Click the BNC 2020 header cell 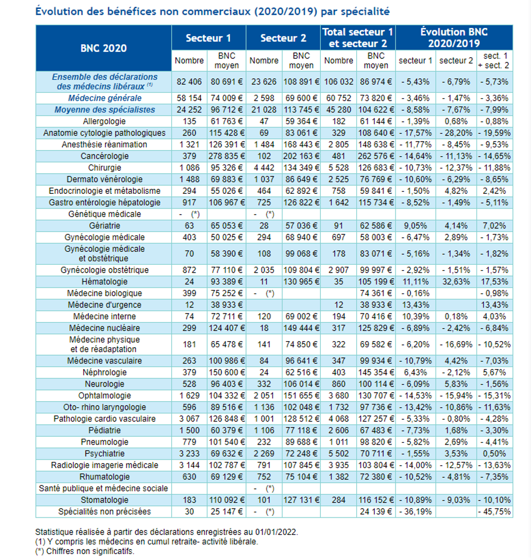coord(103,48)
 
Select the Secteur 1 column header coord(208,38)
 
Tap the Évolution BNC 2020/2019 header coord(454,38)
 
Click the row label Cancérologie coord(105,156)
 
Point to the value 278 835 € coord(226,156)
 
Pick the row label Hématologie coord(105,282)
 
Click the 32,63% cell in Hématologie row coord(456,282)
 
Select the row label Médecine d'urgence coord(105,305)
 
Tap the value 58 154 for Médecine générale coord(189,98)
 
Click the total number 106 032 coord(338,82)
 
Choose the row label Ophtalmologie coord(105,396)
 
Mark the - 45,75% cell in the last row coord(494,512)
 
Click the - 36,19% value coord(415,512)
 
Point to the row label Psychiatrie coord(105,453)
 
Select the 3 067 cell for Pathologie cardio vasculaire coord(189,419)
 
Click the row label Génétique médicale coord(105,214)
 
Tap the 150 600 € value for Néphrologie coord(226,373)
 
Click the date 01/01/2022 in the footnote coord(276,532)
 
